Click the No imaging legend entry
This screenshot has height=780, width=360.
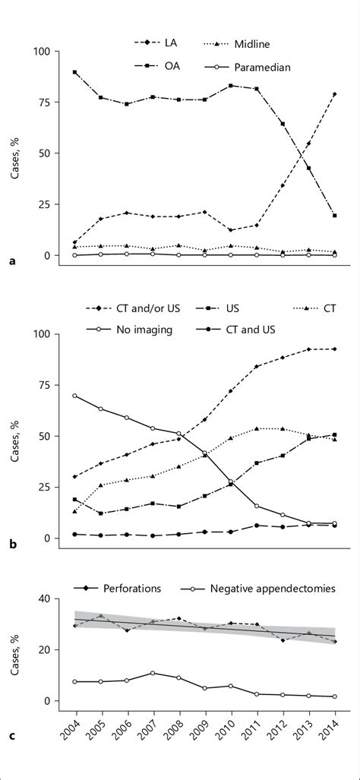(x=145, y=329)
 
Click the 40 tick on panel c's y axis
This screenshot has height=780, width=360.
(x=45, y=598)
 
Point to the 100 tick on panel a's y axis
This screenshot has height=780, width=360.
(x=41, y=52)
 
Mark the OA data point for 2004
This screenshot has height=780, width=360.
(x=74, y=72)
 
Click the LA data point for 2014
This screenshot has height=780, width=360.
(x=335, y=94)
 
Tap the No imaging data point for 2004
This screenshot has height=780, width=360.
(x=74, y=396)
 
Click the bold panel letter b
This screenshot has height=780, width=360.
(x=13, y=545)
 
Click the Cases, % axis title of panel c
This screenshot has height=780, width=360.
(x=16, y=649)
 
